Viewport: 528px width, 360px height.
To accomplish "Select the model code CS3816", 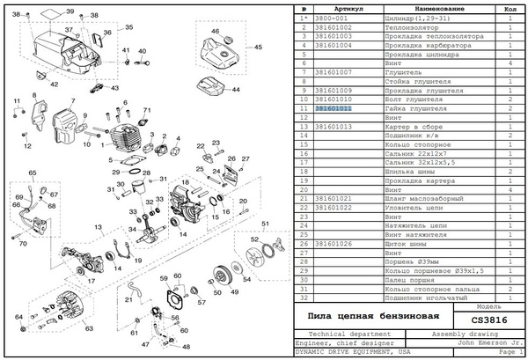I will click(x=489, y=320).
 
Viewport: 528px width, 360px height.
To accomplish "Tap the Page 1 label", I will click(x=510, y=351).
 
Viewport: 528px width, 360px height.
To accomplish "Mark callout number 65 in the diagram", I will click(x=32, y=173).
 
